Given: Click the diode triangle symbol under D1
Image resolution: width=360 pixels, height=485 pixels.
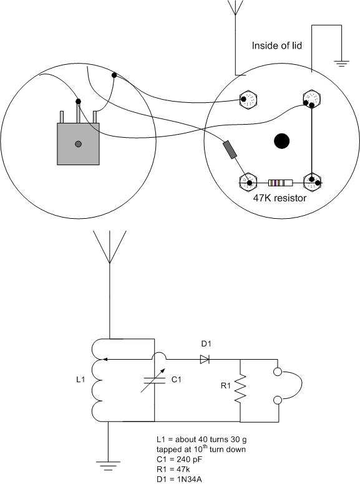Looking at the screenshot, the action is pyautogui.click(x=205, y=359).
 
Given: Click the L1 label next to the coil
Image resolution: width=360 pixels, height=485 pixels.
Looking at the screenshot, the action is pyautogui.click(x=80, y=379).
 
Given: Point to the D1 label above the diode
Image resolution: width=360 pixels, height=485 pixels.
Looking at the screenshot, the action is pyautogui.click(x=206, y=343).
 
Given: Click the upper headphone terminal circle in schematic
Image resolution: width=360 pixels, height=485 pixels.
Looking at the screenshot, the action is pyautogui.click(x=278, y=372).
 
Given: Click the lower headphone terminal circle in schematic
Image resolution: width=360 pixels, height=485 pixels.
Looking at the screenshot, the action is pyautogui.click(x=278, y=400).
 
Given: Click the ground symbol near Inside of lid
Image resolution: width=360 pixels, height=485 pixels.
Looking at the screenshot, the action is pyautogui.click(x=341, y=64).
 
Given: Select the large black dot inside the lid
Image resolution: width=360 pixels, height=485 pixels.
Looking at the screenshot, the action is pyautogui.click(x=281, y=141).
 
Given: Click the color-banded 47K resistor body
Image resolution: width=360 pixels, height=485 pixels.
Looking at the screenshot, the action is pyautogui.click(x=280, y=183).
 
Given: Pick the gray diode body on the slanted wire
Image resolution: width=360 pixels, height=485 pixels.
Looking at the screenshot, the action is pyautogui.click(x=230, y=150).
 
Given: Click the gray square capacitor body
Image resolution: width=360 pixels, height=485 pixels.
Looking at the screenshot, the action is pyautogui.click(x=79, y=144).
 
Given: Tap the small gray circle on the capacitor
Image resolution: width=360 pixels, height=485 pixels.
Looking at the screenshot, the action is pyautogui.click(x=79, y=144).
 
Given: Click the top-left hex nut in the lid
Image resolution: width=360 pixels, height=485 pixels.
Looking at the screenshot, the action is pyautogui.click(x=248, y=99).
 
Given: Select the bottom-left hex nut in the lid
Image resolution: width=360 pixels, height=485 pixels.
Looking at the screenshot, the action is pyautogui.click(x=248, y=182).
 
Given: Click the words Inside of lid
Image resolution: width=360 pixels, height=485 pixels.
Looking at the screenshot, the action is pyautogui.click(x=277, y=46).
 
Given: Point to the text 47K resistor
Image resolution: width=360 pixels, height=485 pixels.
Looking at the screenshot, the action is pyautogui.click(x=280, y=198).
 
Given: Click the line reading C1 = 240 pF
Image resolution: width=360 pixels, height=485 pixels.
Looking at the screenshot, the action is pyautogui.click(x=179, y=459).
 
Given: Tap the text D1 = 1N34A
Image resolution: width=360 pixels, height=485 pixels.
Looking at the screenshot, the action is pyautogui.click(x=179, y=479).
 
